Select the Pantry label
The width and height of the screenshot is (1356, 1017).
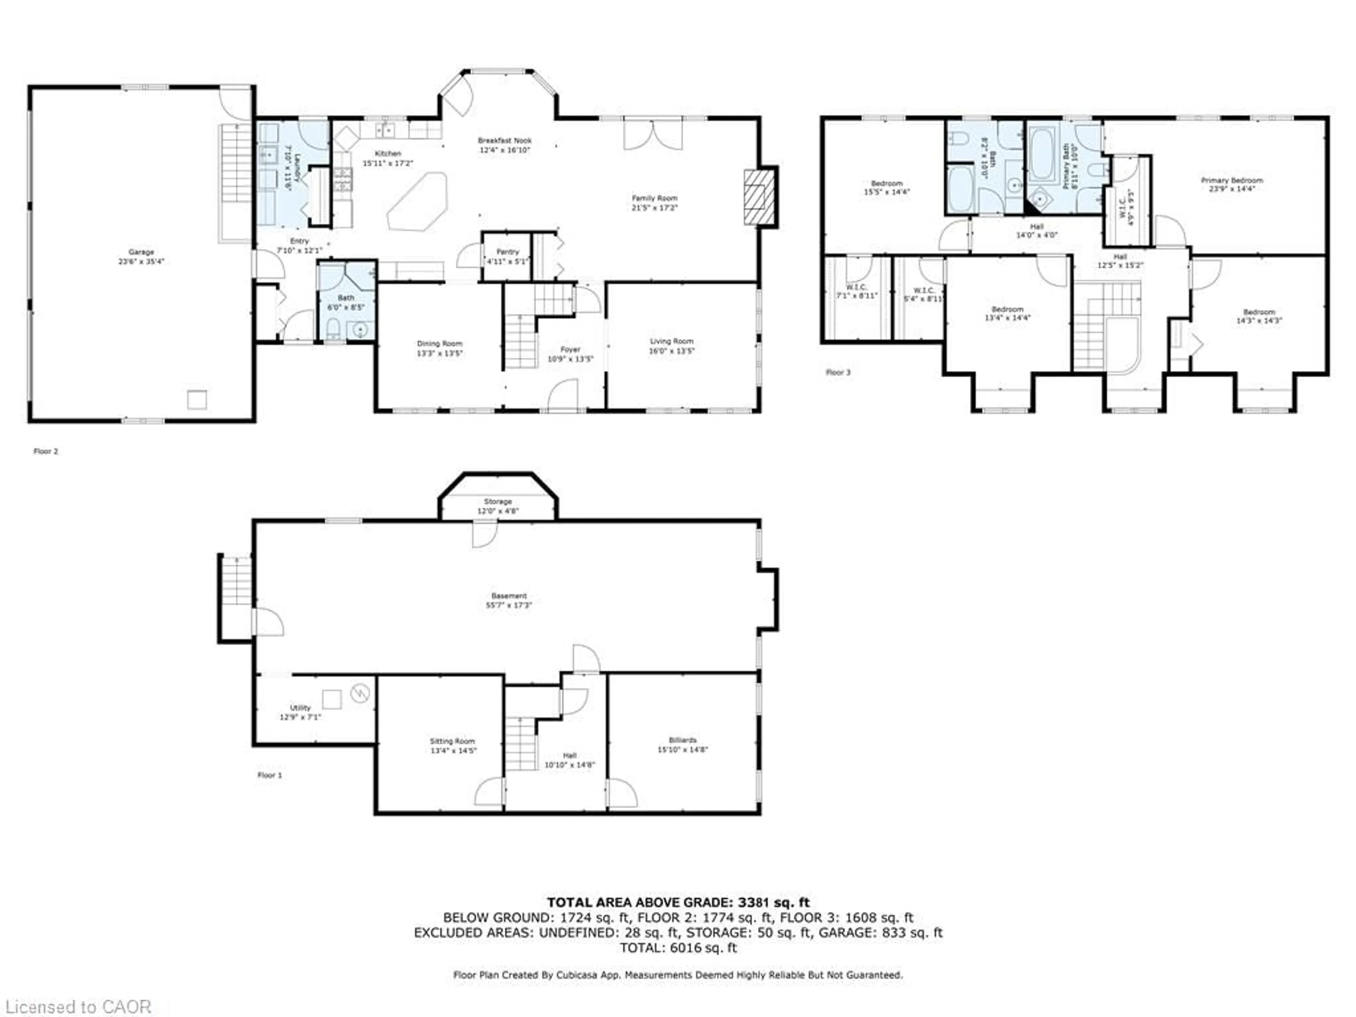tap(507, 252)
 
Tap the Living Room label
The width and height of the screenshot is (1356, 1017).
tap(671, 341)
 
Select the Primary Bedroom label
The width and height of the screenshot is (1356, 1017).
tap(1232, 181)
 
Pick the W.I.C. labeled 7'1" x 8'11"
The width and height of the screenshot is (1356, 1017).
tap(856, 291)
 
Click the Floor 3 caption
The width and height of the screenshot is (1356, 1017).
tap(838, 372)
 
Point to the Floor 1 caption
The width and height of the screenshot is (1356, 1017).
tap(269, 775)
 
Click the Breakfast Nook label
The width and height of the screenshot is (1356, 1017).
tap(505, 141)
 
